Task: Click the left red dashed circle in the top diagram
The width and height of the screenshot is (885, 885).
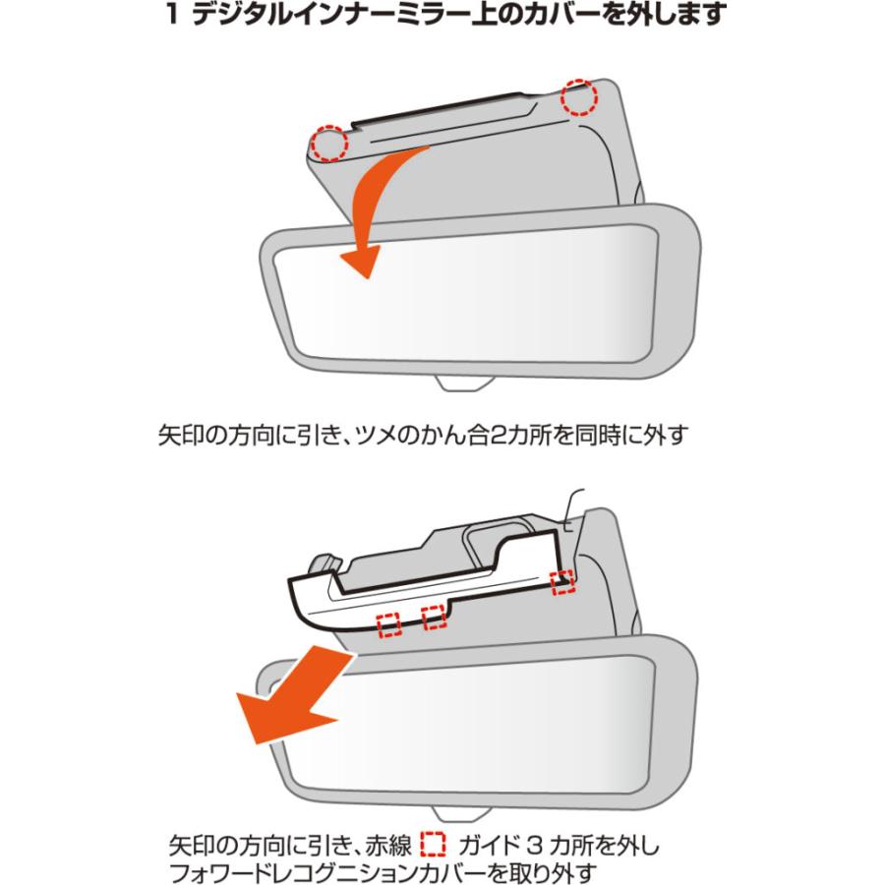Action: click(x=330, y=144)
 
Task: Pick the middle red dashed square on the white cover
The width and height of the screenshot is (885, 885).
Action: click(x=434, y=617)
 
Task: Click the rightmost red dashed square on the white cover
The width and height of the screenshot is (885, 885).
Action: click(x=561, y=580)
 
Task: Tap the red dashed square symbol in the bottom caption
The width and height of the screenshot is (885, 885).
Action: click(x=433, y=845)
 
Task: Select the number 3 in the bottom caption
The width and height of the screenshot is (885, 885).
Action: click(x=552, y=845)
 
